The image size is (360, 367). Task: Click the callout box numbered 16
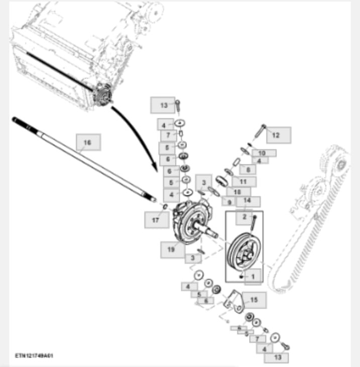coord(88,142)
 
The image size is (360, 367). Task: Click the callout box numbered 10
coord(263,152)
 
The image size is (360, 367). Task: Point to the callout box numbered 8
coord(248,169)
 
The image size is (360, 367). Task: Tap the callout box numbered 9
coord(229,202)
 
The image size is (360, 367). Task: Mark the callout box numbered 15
coord(254,300)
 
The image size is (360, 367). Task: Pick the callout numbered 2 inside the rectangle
coord(245,217)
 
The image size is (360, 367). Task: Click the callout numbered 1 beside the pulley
coord(253,276)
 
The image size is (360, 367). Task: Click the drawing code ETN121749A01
coord(34,355)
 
